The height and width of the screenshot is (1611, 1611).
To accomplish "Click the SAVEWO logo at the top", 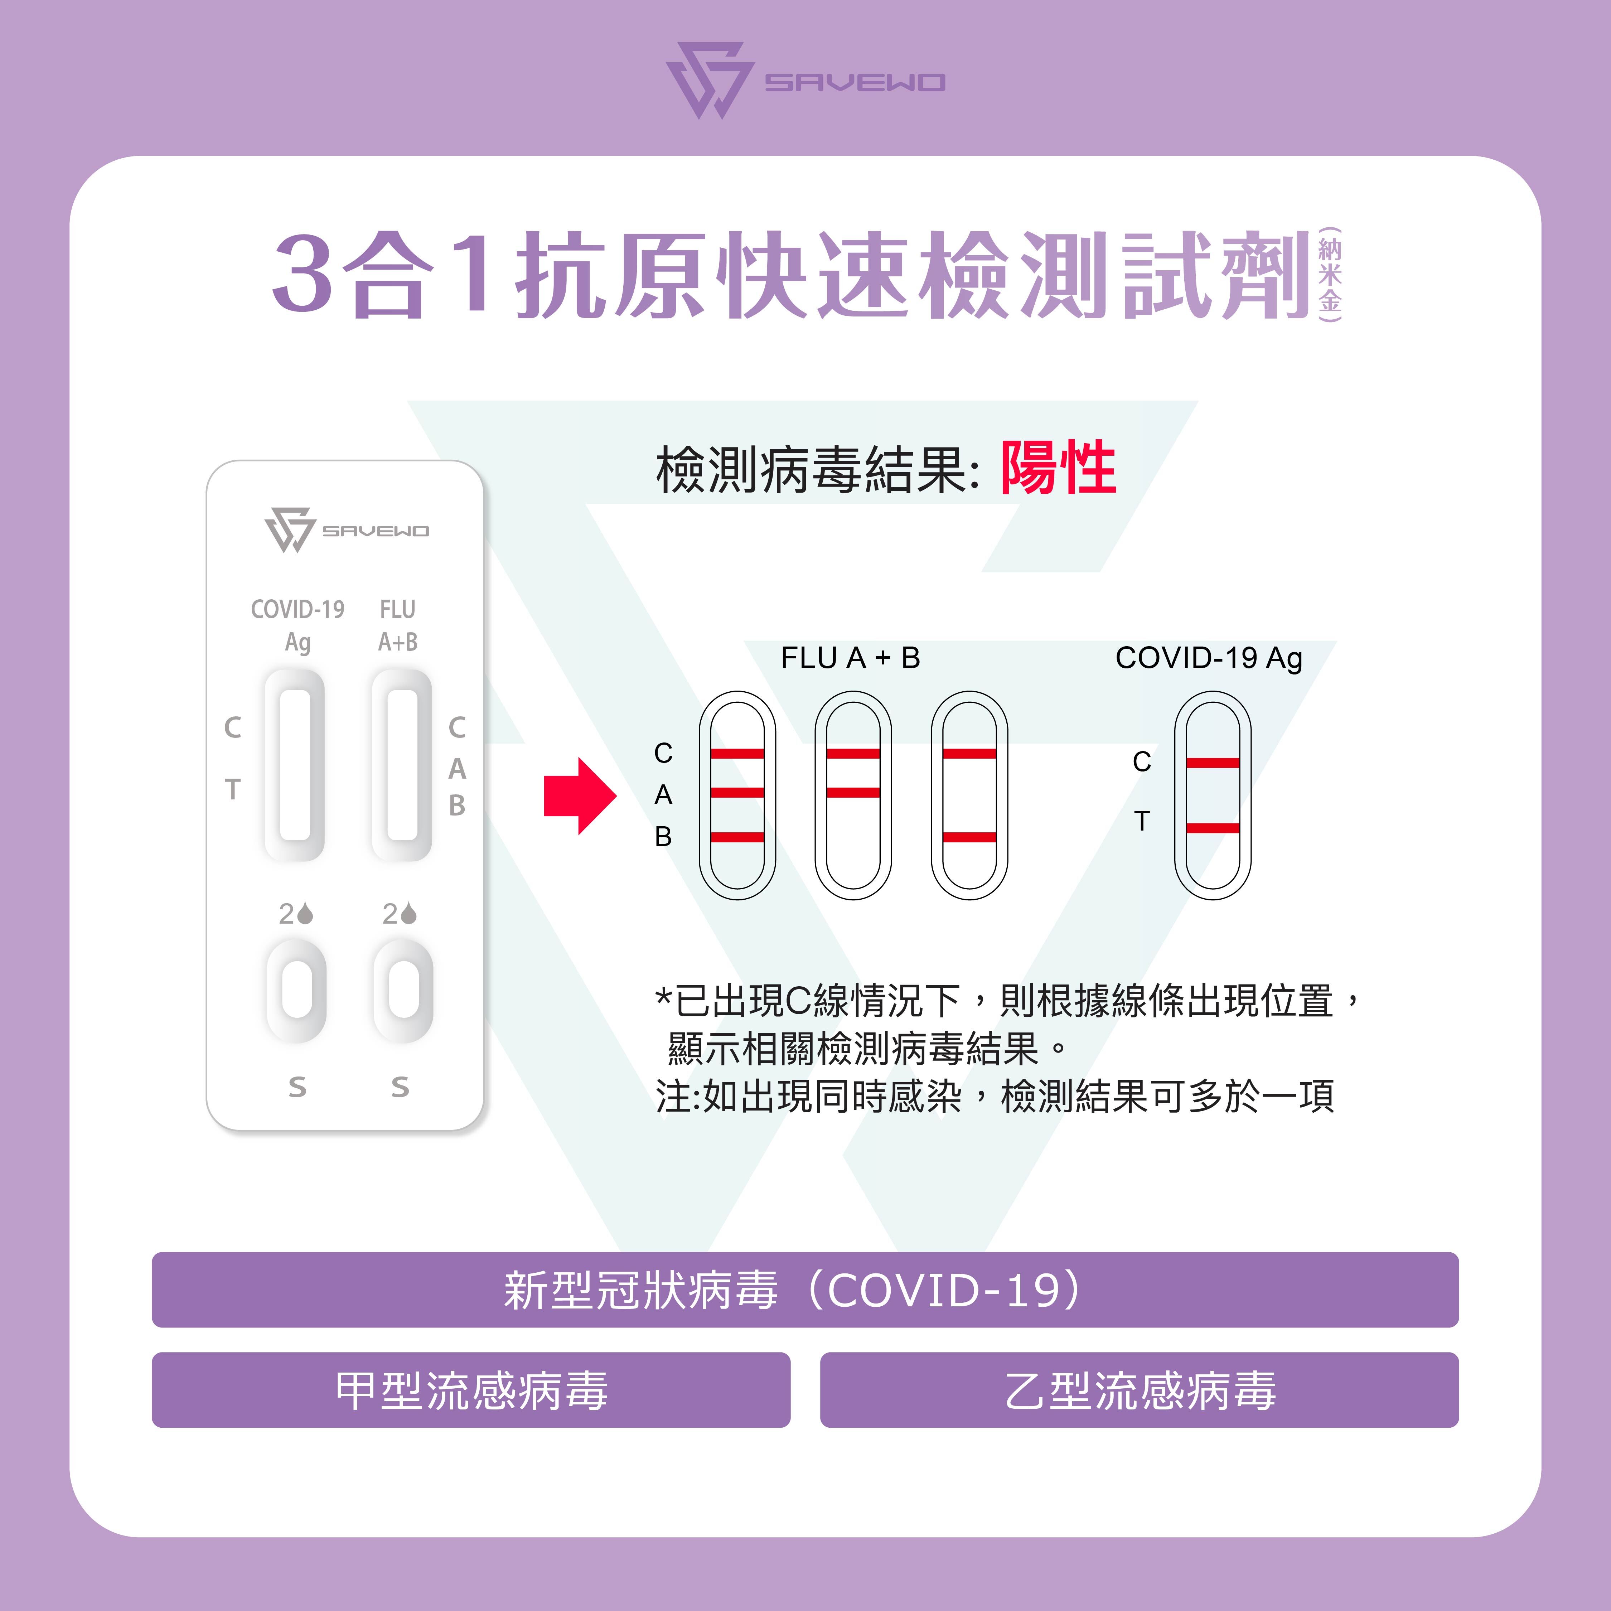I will (805, 81).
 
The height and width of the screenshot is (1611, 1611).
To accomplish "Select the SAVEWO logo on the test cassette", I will (346, 529).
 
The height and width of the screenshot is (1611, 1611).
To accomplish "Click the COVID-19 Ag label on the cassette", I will (298, 625).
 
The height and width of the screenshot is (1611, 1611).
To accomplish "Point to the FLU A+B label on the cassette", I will (398, 625).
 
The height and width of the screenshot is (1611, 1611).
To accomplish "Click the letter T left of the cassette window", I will (233, 789).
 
